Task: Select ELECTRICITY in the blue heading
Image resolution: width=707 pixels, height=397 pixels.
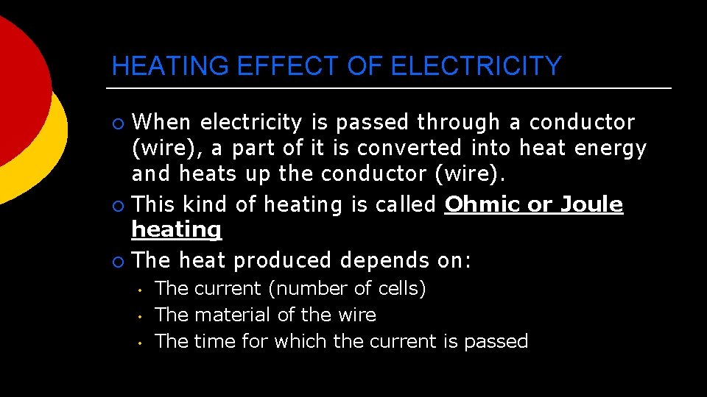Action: coord(476,67)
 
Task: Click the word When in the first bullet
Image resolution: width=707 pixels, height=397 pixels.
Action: coord(163,122)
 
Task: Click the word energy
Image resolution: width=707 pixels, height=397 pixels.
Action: coord(611,149)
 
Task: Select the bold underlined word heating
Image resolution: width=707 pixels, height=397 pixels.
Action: coord(176,230)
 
